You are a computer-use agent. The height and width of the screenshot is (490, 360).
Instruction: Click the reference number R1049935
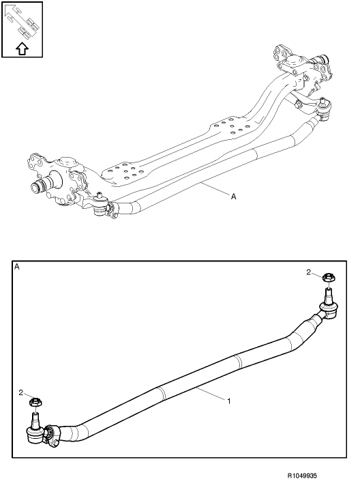point(302,476)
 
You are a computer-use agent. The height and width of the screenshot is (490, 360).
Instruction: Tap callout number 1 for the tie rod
point(229,401)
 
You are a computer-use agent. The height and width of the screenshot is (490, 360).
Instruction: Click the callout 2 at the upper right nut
point(308,272)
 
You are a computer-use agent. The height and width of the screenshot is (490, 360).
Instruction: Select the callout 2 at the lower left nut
point(21,392)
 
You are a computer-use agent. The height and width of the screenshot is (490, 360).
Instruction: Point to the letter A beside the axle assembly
point(233,197)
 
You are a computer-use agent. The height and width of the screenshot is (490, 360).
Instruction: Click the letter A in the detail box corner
point(17,267)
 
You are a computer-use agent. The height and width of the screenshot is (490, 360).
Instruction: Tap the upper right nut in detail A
point(327,277)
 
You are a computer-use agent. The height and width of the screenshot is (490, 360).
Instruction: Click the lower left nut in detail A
point(35,402)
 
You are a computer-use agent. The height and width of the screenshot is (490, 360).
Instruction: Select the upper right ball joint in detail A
point(328,309)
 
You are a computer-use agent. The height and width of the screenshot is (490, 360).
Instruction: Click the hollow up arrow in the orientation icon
point(22,48)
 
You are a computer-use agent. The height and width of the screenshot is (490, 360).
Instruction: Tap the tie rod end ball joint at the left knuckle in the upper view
point(100,205)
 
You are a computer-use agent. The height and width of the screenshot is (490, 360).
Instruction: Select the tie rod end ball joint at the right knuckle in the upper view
point(324,109)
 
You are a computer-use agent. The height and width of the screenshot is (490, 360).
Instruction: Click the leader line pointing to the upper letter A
point(215,189)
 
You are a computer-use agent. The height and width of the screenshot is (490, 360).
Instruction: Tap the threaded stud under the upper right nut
point(328,294)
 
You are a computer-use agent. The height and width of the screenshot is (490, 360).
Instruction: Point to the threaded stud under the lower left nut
point(35,419)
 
